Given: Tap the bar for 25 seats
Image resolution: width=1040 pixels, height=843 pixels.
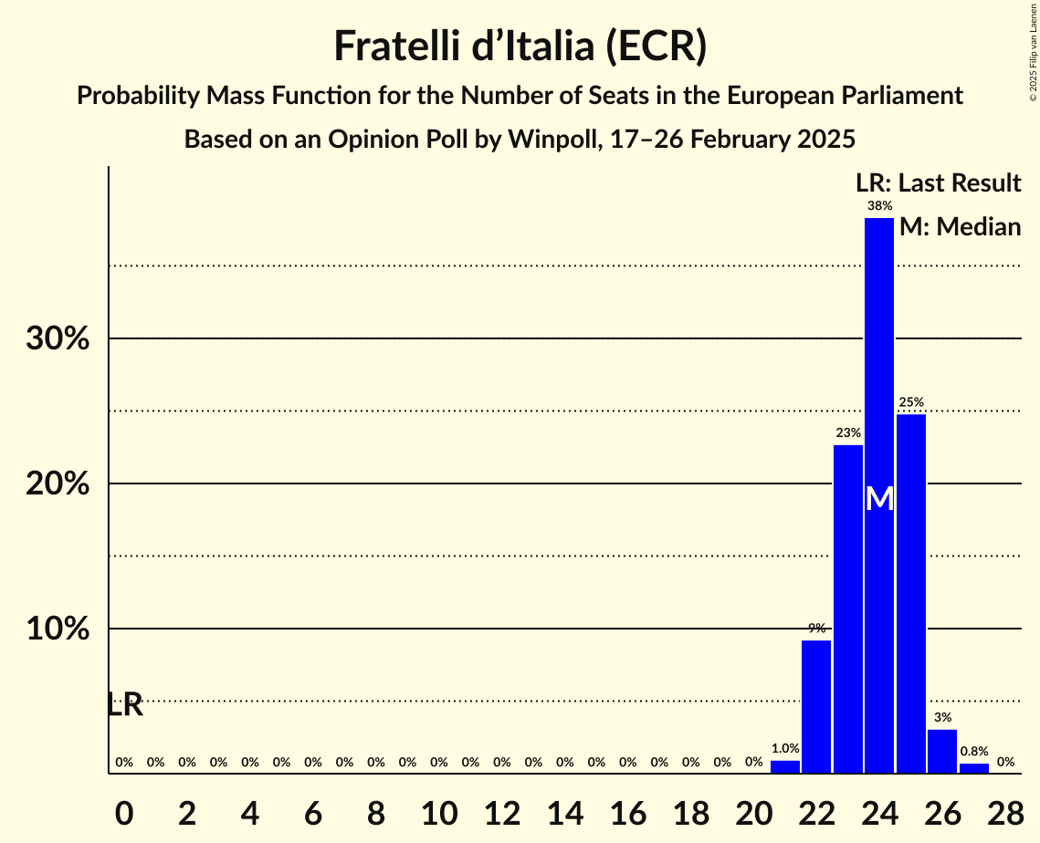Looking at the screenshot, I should [x=911, y=593].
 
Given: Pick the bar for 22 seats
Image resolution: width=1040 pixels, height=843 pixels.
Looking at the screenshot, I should [x=816, y=706].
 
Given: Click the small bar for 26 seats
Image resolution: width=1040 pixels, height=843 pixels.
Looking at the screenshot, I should [x=942, y=752].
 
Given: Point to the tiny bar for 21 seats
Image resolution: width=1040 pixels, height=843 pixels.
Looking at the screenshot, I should [x=785, y=767].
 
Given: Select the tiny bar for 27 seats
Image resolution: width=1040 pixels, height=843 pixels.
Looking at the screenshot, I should [x=974, y=768].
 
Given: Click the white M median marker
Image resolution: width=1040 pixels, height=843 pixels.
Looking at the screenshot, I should [x=879, y=498].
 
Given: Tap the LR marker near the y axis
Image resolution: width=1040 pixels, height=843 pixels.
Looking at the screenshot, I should [x=125, y=704].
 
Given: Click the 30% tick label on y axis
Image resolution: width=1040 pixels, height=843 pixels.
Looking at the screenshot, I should [x=58, y=339].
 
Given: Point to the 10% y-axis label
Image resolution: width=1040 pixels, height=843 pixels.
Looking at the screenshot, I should [x=58, y=630].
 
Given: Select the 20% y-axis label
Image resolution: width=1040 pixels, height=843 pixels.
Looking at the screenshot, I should [x=58, y=484].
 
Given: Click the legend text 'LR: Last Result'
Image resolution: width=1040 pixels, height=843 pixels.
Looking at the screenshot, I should [x=937, y=183].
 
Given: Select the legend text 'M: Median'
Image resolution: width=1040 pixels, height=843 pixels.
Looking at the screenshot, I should [x=960, y=226].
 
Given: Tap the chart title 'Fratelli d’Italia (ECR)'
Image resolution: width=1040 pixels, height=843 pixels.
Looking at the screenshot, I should [x=520, y=46].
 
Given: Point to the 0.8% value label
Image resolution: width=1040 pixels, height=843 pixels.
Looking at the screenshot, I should [x=973, y=752].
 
